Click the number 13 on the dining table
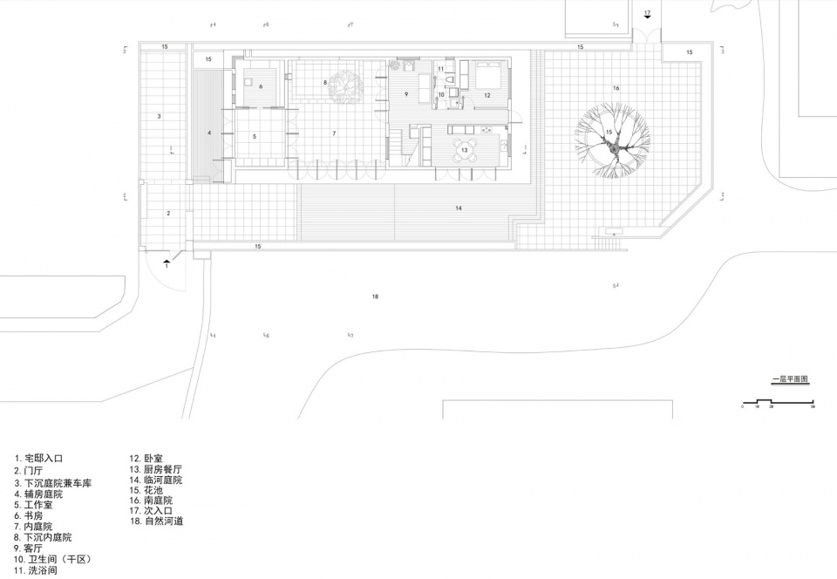465,150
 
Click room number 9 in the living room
406,93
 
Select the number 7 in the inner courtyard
334,133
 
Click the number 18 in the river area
375,297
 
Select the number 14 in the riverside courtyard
457,208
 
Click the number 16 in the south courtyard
616,88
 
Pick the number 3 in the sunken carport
160,115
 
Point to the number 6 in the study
260,85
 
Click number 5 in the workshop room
255,137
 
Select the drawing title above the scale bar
790,380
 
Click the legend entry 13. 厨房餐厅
157,468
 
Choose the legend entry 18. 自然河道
157,521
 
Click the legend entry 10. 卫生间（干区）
52,558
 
